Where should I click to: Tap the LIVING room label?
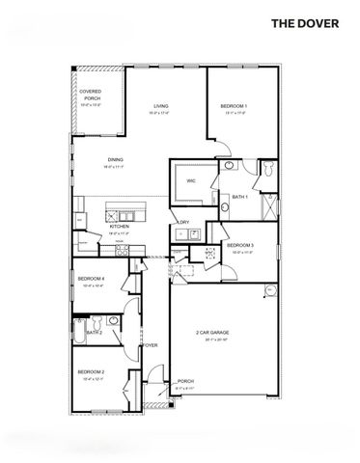point(160,107)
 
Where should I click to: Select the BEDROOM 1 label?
point(234,106)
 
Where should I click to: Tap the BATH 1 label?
point(239,197)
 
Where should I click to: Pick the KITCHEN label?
point(120,227)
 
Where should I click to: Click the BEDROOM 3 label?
point(239,246)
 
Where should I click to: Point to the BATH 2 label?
point(94,333)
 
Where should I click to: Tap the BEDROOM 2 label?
point(91,371)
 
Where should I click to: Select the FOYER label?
point(151,344)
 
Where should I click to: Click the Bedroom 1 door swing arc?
point(220,147)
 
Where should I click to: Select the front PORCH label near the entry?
point(185,382)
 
